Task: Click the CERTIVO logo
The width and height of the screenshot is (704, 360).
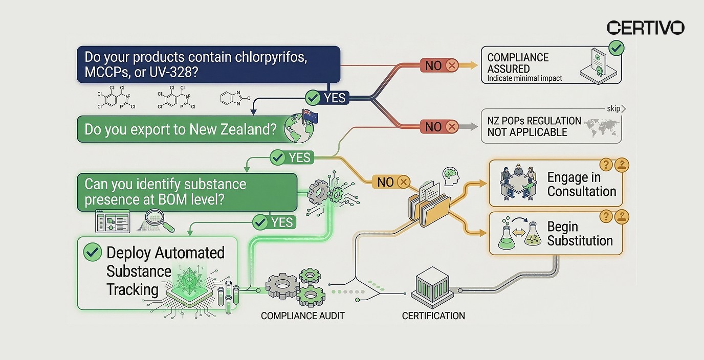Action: pyautogui.click(x=645, y=28)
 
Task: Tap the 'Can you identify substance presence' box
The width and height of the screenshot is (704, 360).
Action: pyautogui.click(x=186, y=192)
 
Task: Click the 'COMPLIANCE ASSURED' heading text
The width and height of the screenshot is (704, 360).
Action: pyautogui.click(x=518, y=63)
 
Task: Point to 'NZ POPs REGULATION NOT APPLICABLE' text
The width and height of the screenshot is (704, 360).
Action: pyautogui.click(x=534, y=127)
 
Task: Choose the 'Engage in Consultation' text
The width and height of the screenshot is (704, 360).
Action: pyautogui.click(x=581, y=184)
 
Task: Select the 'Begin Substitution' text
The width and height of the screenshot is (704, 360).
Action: pyautogui.click(x=580, y=234)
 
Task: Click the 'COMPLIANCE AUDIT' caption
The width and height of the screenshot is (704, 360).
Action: pyautogui.click(x=302, y=316)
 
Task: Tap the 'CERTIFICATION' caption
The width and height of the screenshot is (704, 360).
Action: pyautogui.click(x=433, y=316)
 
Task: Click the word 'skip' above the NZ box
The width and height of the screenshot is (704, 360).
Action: pyautogui.click(x=613, y=108)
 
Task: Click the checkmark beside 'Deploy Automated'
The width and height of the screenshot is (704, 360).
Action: pyautogui.click(x=92, y=252)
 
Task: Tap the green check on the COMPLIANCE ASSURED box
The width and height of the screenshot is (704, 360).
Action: pyautogui.click(x=617, y=49)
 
